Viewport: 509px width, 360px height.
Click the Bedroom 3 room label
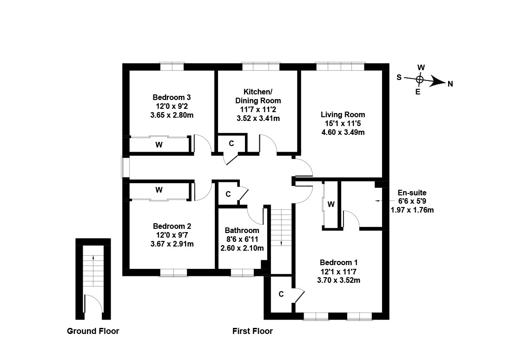tap(172, 98)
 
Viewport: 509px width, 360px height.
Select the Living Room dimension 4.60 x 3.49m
tap(343, 132)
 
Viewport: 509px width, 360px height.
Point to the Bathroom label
tap(242, 230)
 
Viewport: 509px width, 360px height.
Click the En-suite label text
tap(412, 193)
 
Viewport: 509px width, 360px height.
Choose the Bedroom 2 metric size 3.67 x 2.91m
tap(172, 244)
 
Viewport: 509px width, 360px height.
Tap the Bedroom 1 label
tap(338, 262)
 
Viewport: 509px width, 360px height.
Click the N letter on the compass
tap(450, 84)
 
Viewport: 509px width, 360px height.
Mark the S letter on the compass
tap(399, 78)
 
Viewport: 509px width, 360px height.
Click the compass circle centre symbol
tap(419, 80)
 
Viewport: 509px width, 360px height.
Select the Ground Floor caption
tap(93, 331)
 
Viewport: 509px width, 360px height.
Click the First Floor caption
tap(252, 331)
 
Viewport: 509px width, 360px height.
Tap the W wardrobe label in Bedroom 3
tap(159, 145)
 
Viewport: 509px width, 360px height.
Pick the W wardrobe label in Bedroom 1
tap(331, 204)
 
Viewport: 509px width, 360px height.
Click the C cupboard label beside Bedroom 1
tap(281, 294)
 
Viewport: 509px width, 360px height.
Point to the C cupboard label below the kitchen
tap(231, 144)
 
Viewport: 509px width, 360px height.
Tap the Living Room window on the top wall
tap(340, 67)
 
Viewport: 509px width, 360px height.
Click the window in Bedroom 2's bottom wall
tap(173, 273)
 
